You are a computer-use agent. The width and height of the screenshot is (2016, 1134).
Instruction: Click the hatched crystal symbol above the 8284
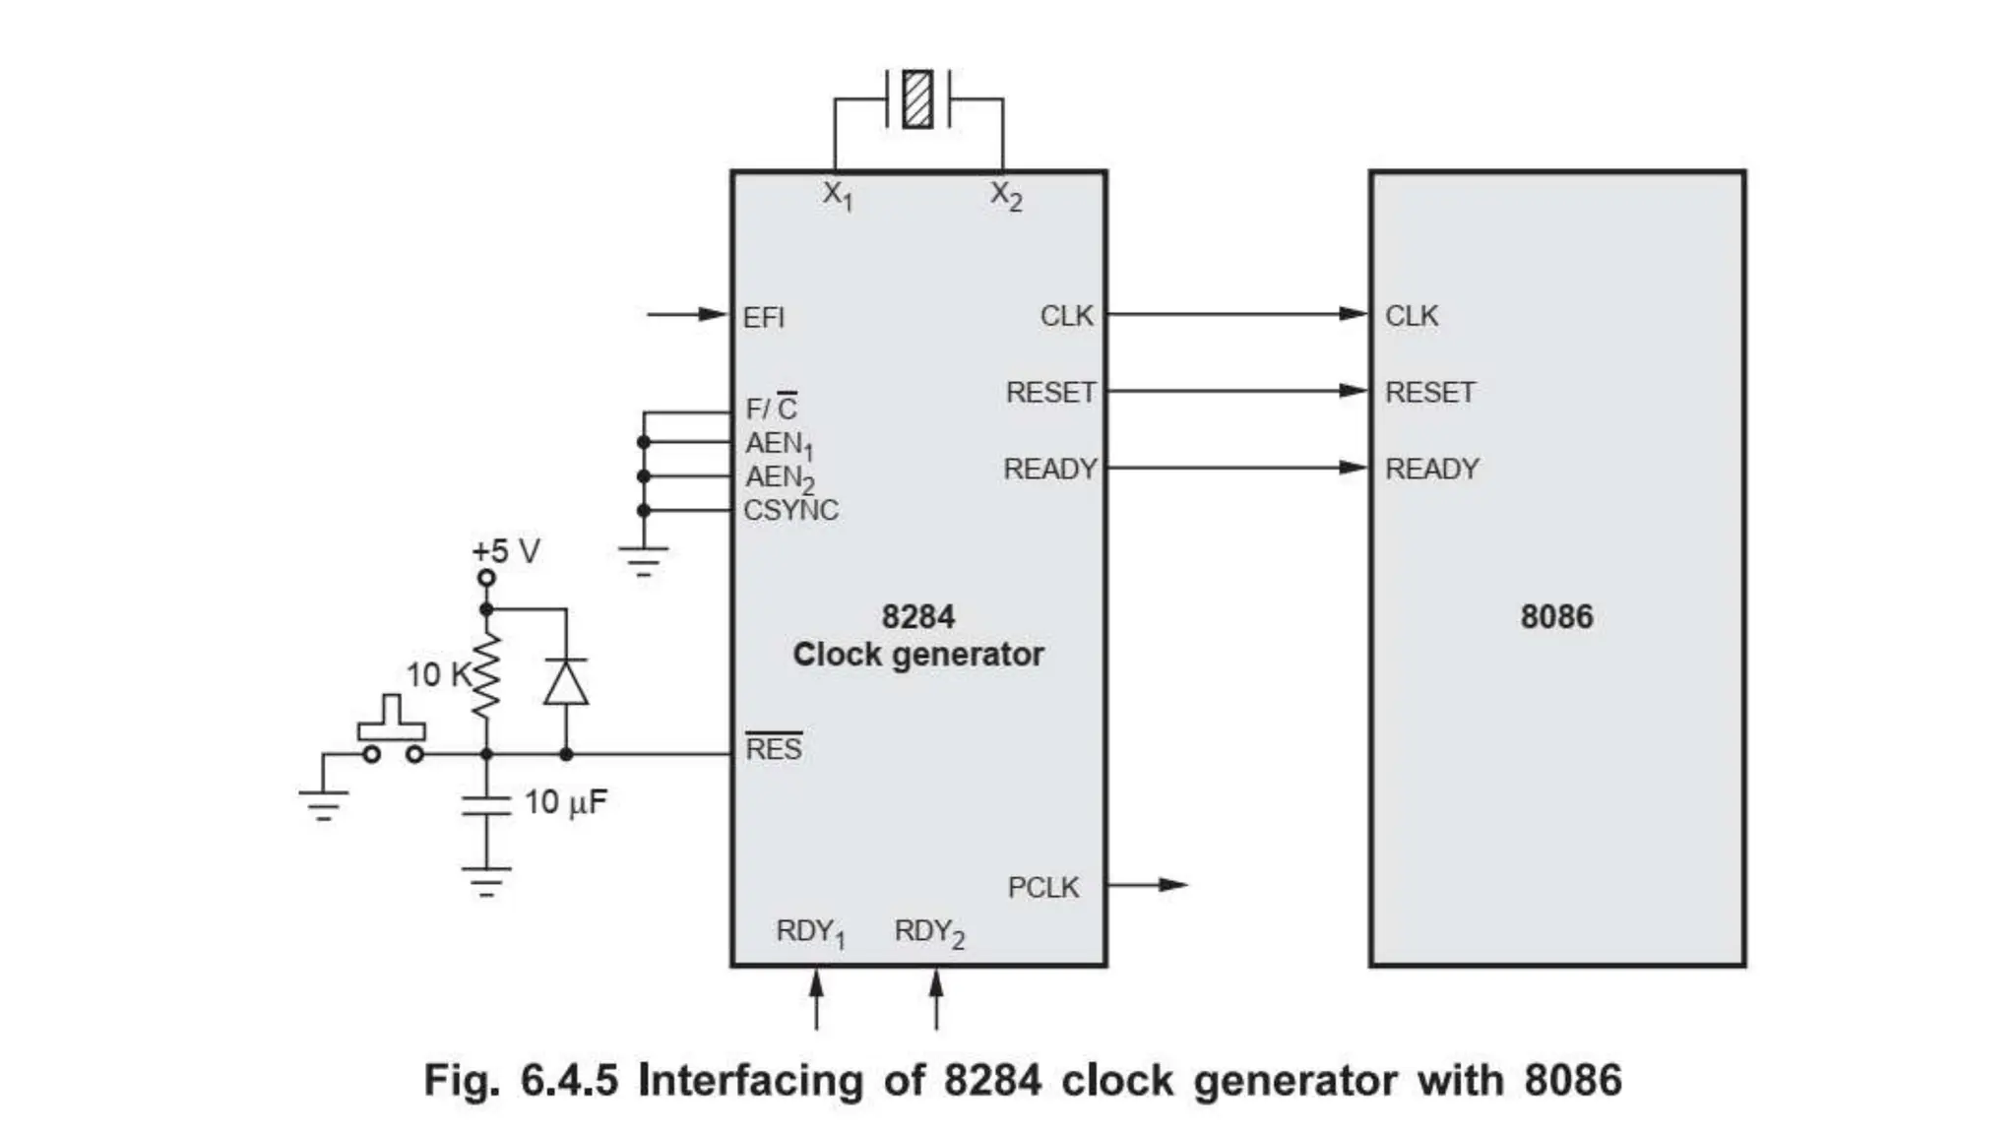(x=917, y=98)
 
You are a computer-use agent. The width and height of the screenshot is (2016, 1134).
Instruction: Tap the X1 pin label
(x=838, y=195)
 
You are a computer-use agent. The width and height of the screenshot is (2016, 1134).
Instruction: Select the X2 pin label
(x=1006, y=195)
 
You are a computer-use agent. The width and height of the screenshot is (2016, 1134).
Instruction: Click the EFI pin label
(x=764, y=318)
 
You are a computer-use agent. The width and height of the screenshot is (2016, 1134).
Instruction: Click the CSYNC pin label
(x=791, y=511)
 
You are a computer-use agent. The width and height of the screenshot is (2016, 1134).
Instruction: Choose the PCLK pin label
(x=1043, y=888)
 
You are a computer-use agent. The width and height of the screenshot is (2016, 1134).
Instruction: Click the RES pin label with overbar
(x=774, y=749)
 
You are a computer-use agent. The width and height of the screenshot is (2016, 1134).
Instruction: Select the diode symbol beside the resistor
(x=566, y=682)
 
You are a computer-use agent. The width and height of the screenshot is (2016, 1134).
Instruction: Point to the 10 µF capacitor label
(x=566, y=802)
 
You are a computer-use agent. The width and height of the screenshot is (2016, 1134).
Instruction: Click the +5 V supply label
(x=506, y=551)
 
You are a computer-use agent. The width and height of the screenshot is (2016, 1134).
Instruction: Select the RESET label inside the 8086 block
(x=1430, y=393)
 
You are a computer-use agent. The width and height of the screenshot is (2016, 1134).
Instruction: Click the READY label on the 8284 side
(x=1050, y=470)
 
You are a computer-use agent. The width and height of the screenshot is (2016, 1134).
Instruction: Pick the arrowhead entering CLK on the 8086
(x=1354, y=314)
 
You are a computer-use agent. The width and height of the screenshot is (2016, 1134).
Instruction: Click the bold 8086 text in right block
(x=1556, y=617)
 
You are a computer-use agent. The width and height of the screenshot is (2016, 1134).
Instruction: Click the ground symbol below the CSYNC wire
(x=644, y=562)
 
